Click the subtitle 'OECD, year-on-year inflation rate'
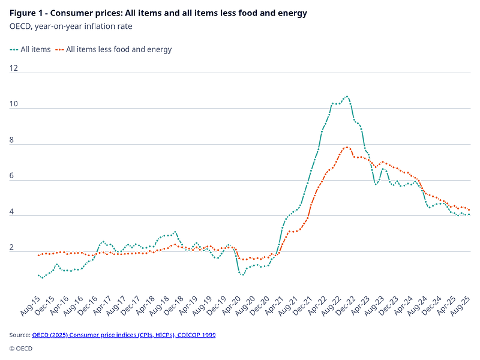click(x=71, y=26)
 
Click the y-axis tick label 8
click(x=15, y=140)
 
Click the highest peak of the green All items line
click(x=346, y=96)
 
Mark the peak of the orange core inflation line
click(x=347, y=147)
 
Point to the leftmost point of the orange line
click(x=38, y=255)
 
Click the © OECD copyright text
click(x=21, y=348)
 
